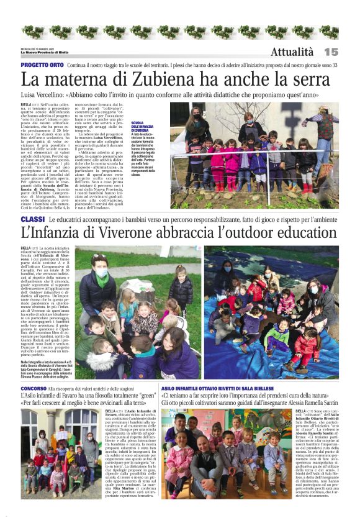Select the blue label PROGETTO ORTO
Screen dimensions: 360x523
[42, 65]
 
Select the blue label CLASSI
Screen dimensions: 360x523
[32, 220]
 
